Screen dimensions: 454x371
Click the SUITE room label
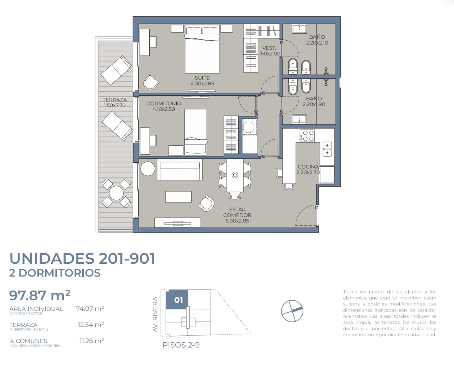click(x=202, y=78)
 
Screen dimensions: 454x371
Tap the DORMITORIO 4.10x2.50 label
click(x=164, y=107)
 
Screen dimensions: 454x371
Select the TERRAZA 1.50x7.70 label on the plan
click(x=114, y=103)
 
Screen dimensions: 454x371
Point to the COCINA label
click(x=308, y=167)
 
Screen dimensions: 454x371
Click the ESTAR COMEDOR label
click(x=237, y=212)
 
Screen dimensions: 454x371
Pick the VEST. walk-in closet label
click(x=269, y=48)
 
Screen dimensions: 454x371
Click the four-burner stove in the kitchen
click(x=307, y=136)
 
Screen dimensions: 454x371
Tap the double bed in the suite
click(x=202, y=49)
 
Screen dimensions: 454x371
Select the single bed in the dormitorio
click(x=196, y=132)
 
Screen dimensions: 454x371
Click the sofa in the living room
click(x=179, y=170)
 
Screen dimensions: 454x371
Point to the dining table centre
click(x=235, y=175)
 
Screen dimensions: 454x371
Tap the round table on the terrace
click(x=116, y=193)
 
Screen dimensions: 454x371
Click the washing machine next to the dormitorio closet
click(x=250, y=128)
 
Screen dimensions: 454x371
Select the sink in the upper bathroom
click(x=299, y=29)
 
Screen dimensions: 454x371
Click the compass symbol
click(x=292, y=311)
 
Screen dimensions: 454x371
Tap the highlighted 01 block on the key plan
click(x=177, y=300)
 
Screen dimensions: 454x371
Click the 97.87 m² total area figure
click(x=40, y=295)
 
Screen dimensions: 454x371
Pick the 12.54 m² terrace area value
click(x=91, y=325)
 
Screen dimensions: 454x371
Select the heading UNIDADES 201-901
click(x=82, y=258)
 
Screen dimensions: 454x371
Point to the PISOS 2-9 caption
click(x=181, y=345)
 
